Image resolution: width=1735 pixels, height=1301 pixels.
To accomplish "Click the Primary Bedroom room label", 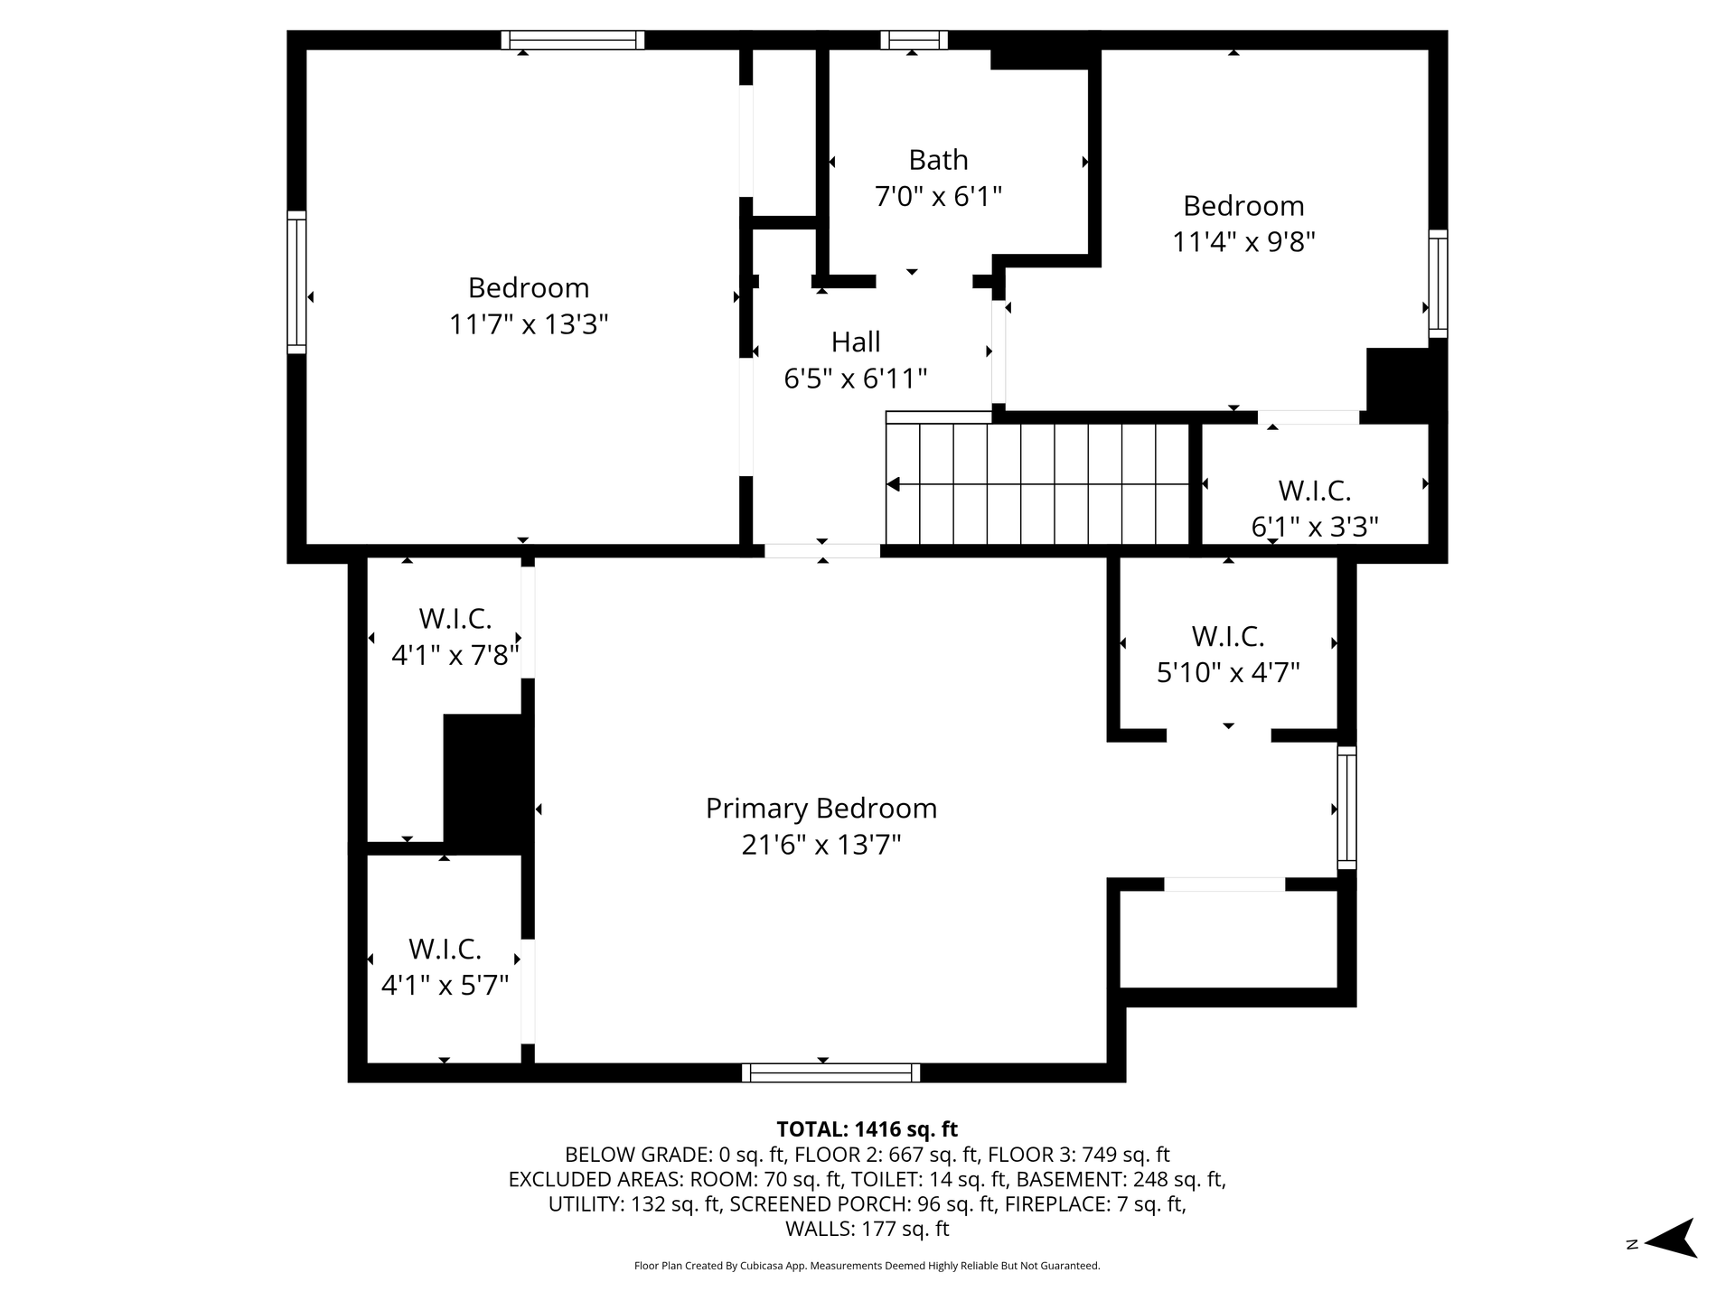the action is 821,809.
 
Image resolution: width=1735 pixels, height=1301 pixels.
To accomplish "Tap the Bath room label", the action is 938,160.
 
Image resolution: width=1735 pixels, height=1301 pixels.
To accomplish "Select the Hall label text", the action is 856,342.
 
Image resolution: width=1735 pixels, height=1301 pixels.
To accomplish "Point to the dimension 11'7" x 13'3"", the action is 529,324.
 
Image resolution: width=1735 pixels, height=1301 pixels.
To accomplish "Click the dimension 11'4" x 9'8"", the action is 1243,242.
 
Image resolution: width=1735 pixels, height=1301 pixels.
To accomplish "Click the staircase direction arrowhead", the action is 893,485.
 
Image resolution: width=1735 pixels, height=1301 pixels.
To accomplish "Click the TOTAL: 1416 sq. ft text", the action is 867,1129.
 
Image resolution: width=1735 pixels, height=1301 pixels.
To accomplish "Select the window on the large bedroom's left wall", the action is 296,282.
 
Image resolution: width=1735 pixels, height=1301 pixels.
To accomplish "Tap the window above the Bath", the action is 914,40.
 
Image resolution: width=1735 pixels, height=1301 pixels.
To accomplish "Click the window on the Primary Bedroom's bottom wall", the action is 831,1072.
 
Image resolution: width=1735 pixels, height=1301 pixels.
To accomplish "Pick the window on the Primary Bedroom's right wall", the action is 1346,808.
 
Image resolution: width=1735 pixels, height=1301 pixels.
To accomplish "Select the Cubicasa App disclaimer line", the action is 867,1266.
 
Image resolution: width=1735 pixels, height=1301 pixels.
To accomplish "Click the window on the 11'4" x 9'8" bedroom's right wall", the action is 1438,284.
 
